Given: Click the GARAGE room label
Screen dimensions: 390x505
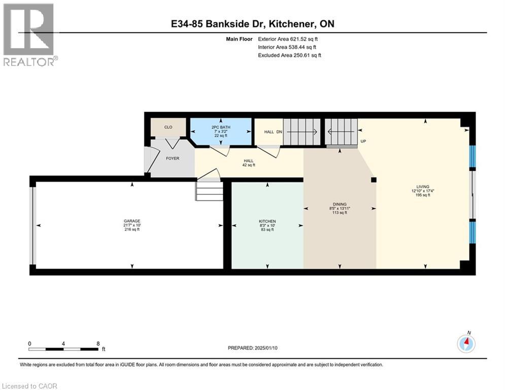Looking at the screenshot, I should (131, 221).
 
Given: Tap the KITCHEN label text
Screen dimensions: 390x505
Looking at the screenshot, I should (267, 221).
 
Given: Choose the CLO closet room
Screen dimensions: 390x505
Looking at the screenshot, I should (168, 127).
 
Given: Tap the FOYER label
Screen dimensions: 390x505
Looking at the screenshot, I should (173, 158).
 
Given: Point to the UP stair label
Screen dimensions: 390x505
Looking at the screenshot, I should (363, 141).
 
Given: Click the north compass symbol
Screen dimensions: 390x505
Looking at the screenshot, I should (466, 343).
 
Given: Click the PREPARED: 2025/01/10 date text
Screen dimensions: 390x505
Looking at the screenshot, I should (254, 348).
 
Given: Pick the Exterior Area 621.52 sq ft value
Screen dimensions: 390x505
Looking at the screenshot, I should (288, 39).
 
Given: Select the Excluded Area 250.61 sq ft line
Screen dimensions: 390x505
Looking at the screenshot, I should (290, 55).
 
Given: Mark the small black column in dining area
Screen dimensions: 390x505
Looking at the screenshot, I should (373, 179).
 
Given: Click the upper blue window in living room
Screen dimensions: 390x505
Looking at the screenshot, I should (472, 156).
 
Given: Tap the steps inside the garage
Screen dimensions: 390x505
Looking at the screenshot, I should (210, 192).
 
